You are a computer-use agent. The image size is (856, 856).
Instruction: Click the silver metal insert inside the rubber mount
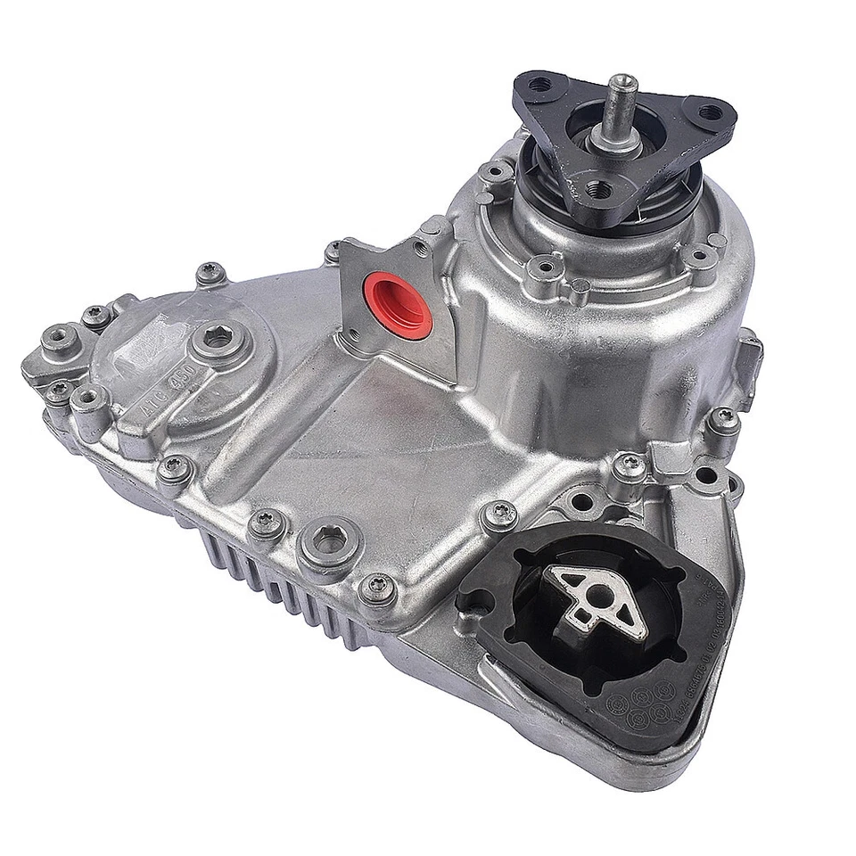point(596,602)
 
